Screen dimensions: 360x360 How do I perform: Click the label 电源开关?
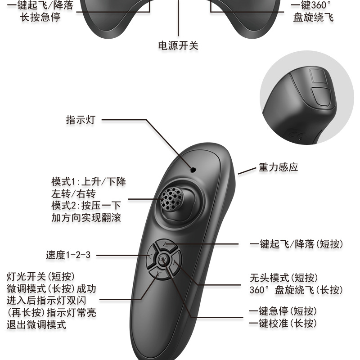coord(178,45)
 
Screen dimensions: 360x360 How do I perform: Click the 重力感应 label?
coord(278,167)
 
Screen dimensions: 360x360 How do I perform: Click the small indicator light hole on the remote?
coord(193,170)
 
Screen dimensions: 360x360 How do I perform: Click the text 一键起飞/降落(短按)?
coord(296,244)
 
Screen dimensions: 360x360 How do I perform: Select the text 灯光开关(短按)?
coord(41,275)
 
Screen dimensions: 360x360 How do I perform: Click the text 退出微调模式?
coord(36,324)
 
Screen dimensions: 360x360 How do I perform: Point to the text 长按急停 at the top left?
coord(40,17)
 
